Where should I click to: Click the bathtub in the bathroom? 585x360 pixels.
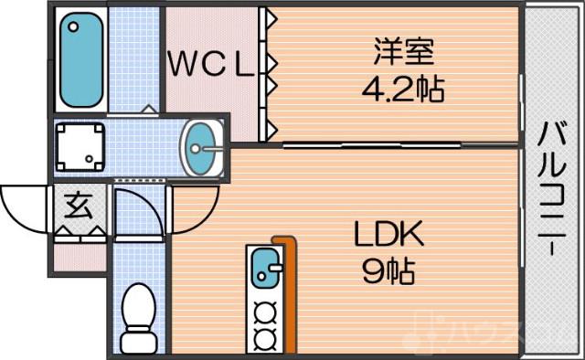80,60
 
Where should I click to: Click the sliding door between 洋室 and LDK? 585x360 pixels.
370,144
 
